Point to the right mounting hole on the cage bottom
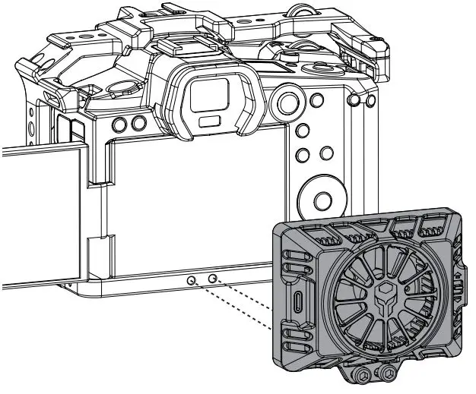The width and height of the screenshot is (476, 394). point(214,279)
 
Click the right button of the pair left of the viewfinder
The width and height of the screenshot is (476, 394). point(138,123)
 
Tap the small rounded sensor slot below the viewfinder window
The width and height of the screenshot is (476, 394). point(206,121)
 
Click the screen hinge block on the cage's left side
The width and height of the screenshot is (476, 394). point(100,250)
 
